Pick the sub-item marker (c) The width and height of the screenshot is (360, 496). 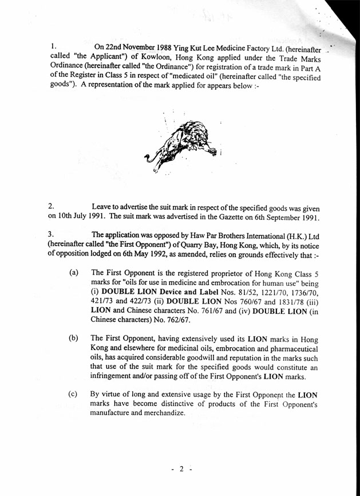pos(73,395)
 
